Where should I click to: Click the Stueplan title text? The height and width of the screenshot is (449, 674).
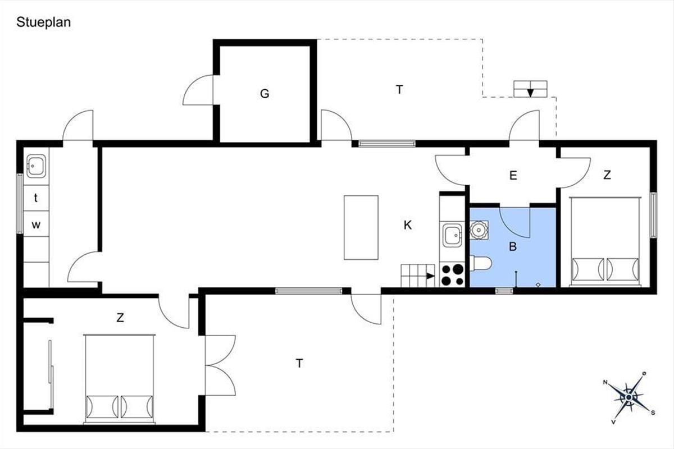tap(44, 22)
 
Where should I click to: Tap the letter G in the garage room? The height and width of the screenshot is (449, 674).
tap(265, 94)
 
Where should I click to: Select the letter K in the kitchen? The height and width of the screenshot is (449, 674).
tap(407, 225)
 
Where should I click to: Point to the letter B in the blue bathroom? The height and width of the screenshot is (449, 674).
tap(513, 246)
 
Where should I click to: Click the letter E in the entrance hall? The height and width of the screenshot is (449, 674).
tap(513, 175)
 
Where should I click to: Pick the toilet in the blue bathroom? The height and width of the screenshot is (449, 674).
tap(481, 263)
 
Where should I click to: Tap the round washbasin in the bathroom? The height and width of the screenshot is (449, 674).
tap(479, 230)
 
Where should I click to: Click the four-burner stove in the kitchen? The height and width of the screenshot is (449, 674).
tap(452, 274)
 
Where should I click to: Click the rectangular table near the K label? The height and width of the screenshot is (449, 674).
tap(361, 227)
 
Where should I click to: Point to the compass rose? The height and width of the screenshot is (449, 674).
tap(629, 397)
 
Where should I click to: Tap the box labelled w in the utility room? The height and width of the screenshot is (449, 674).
tap(36, 224)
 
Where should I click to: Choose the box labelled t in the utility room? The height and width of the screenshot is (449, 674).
tap(36, 198)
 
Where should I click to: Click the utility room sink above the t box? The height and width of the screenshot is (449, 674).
tap(36, 166)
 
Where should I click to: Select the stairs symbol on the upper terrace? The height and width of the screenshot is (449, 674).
tap(530, 89)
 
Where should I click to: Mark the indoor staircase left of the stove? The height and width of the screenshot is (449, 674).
tap(418, 276)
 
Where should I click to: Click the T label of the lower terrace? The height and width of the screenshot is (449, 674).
tap(299, 363)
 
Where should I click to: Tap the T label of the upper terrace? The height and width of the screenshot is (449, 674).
tap(399, 90)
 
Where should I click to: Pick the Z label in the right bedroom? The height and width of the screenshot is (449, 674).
tap(607, 175)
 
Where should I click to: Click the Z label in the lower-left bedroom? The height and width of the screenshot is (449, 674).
tap(120, 318)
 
